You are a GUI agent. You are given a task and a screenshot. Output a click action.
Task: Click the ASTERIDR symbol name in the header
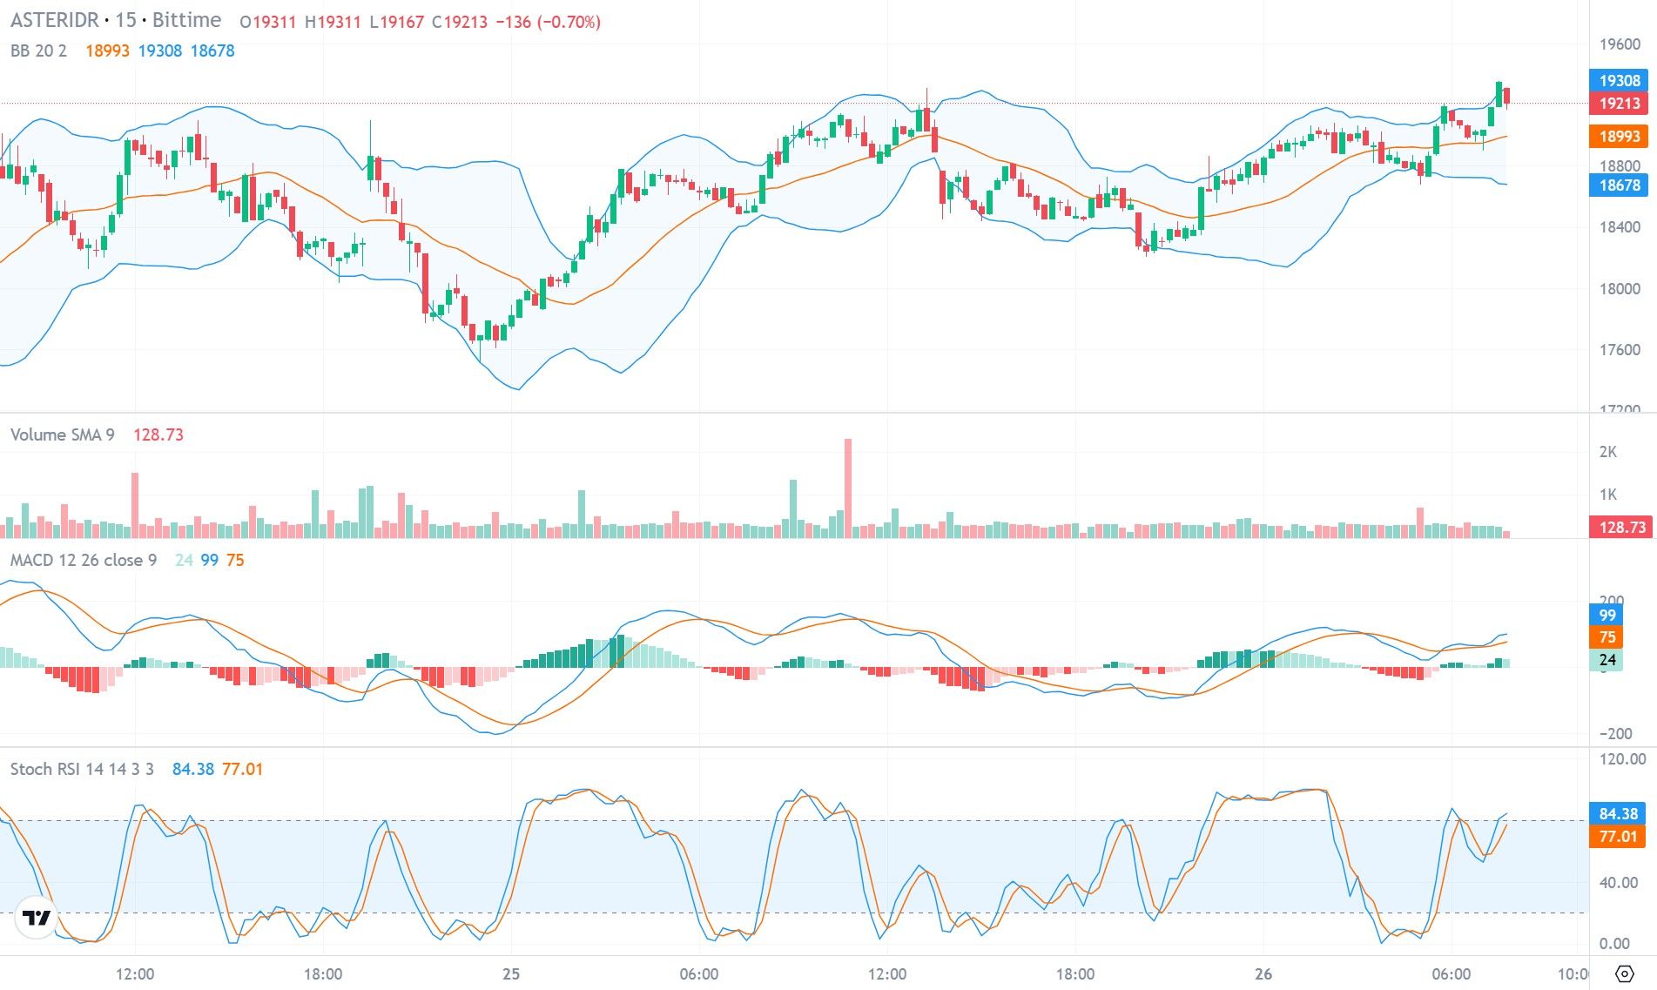click(54, 20)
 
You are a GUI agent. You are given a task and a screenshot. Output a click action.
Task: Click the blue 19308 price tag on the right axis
click(1619, 80)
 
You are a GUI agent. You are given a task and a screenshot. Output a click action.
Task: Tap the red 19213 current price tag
click(1619, 104)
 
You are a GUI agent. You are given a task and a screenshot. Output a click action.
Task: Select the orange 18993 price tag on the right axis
click(1619, 136)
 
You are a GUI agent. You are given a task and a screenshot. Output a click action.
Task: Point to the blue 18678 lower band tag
click(1619, 185)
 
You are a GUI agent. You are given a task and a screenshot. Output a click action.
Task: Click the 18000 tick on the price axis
click(1619, 289)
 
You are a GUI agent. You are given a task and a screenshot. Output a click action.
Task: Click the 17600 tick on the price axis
click(1619, 350)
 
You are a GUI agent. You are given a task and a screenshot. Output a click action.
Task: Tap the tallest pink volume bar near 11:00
click(848, 488)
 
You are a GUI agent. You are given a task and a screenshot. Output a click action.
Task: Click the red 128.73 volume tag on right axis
click(1621, 527)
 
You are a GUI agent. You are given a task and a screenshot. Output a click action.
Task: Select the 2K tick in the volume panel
click(1607, 452)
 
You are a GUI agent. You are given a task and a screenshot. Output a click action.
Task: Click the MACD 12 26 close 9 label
click(84, 560)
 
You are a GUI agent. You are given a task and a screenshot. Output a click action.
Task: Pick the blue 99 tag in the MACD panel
click(1607, 615)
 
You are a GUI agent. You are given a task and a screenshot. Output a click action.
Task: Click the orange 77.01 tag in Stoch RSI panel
click(1618, 837)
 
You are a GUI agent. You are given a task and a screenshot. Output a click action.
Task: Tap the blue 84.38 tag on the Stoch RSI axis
click(1618, 813)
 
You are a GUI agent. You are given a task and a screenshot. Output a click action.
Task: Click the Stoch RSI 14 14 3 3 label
click(82, 769)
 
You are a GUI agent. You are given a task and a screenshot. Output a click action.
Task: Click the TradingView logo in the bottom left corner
click(37, 918)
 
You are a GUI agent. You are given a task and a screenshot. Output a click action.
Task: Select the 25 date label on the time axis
click(511, 973)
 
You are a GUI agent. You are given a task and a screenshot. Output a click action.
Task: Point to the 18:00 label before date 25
click(323, 973)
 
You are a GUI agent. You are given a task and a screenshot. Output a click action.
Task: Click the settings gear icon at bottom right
click(1624, 973)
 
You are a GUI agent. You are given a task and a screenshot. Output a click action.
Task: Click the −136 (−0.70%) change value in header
click(548, 22)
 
